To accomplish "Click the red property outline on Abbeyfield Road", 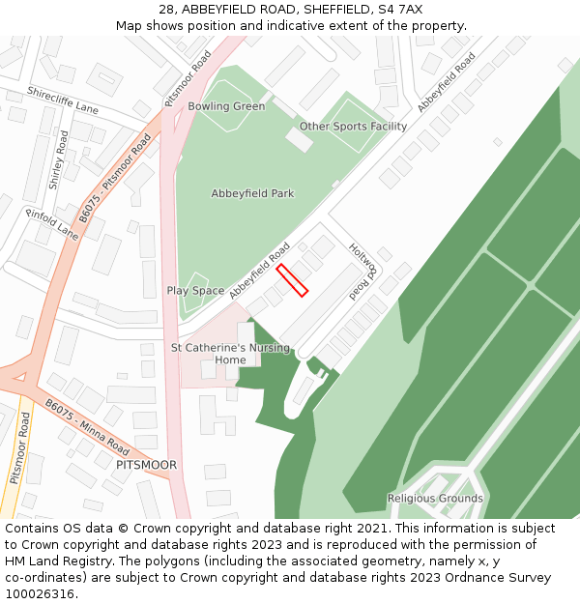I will point(292,281).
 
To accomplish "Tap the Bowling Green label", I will point(226,106).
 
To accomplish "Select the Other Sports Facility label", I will point(353,127).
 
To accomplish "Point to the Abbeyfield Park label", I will point(252,193).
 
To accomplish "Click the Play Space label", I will point(195,290).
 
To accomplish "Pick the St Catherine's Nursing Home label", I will point(230,354).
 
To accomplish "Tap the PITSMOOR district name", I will point(146,465).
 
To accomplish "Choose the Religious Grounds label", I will point(435,499).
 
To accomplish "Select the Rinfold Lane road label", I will point(51,224).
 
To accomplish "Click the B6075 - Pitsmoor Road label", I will point(115,179).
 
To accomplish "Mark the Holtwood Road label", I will point(361,270).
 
